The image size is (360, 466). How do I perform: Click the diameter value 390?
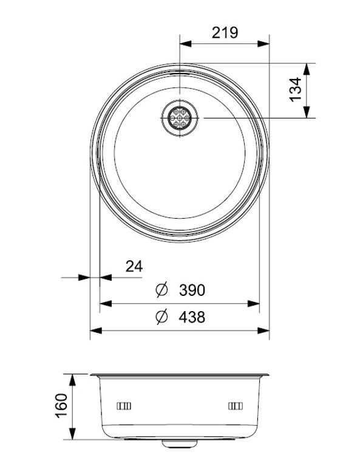(x=192, y=290)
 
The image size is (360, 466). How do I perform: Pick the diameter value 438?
(x=192, y=317)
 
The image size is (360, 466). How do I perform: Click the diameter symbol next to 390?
(x=161, y=290)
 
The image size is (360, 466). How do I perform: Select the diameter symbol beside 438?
(x=161, y=317)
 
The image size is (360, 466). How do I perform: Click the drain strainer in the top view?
(x=180, y=117)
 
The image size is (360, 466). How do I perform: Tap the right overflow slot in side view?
(x=235, y=405)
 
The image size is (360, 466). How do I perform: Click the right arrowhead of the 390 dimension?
(x=256, y=304)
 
